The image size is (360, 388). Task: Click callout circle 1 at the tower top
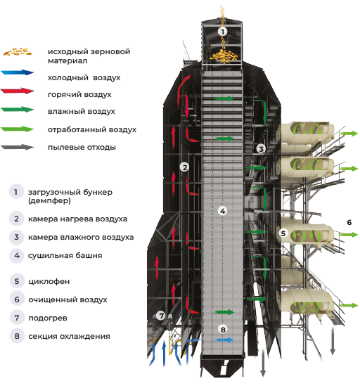tap(222, 32)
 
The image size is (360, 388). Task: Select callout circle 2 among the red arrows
tap(184, 167)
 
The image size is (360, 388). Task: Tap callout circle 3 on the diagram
tap(260, 149)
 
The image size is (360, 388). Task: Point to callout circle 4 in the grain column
tap(222, 210)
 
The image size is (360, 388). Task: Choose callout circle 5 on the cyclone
tap(283, 233)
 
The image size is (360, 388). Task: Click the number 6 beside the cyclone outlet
tap(349, 222)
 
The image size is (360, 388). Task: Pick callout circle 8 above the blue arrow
tap(223, 328)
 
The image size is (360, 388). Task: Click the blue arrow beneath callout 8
tap(224, 339)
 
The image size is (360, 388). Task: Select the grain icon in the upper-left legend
tap(15, 51)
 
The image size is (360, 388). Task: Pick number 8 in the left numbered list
tap(16, 336)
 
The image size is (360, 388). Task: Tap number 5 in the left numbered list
tap(16, 281)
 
